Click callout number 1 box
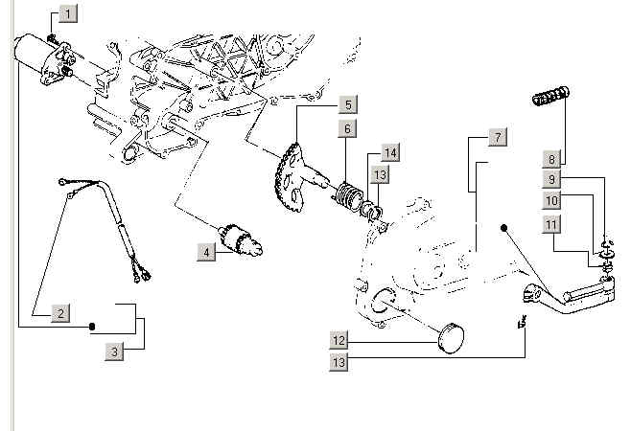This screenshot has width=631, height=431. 68,14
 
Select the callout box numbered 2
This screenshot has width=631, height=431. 60,313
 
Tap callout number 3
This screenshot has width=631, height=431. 115,352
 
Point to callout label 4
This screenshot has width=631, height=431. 206,253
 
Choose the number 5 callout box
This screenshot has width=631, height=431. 348,105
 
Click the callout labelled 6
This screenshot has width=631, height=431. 347,128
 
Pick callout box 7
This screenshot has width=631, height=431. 498,137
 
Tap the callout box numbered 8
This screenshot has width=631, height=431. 551,159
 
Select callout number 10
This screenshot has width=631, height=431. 551,200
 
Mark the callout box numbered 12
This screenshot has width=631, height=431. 339,341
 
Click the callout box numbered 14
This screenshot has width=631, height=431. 390,153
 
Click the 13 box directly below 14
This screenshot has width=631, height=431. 380,175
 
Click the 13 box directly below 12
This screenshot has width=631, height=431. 339,362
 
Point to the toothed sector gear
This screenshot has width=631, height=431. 289,178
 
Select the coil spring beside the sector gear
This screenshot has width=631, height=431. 348,196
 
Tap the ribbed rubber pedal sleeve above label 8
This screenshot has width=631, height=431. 550,96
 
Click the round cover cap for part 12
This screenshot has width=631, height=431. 451,338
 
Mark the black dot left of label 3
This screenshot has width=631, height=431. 91,327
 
